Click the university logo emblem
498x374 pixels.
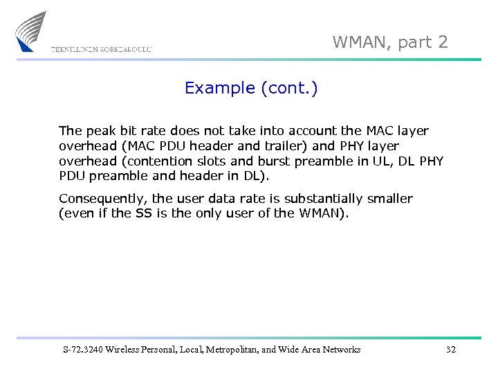30,31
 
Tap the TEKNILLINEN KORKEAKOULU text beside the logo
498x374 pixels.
101,50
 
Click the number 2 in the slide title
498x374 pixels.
443,42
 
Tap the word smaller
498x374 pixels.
390,199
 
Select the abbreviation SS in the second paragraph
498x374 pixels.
143,213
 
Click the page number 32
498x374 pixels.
451,350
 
